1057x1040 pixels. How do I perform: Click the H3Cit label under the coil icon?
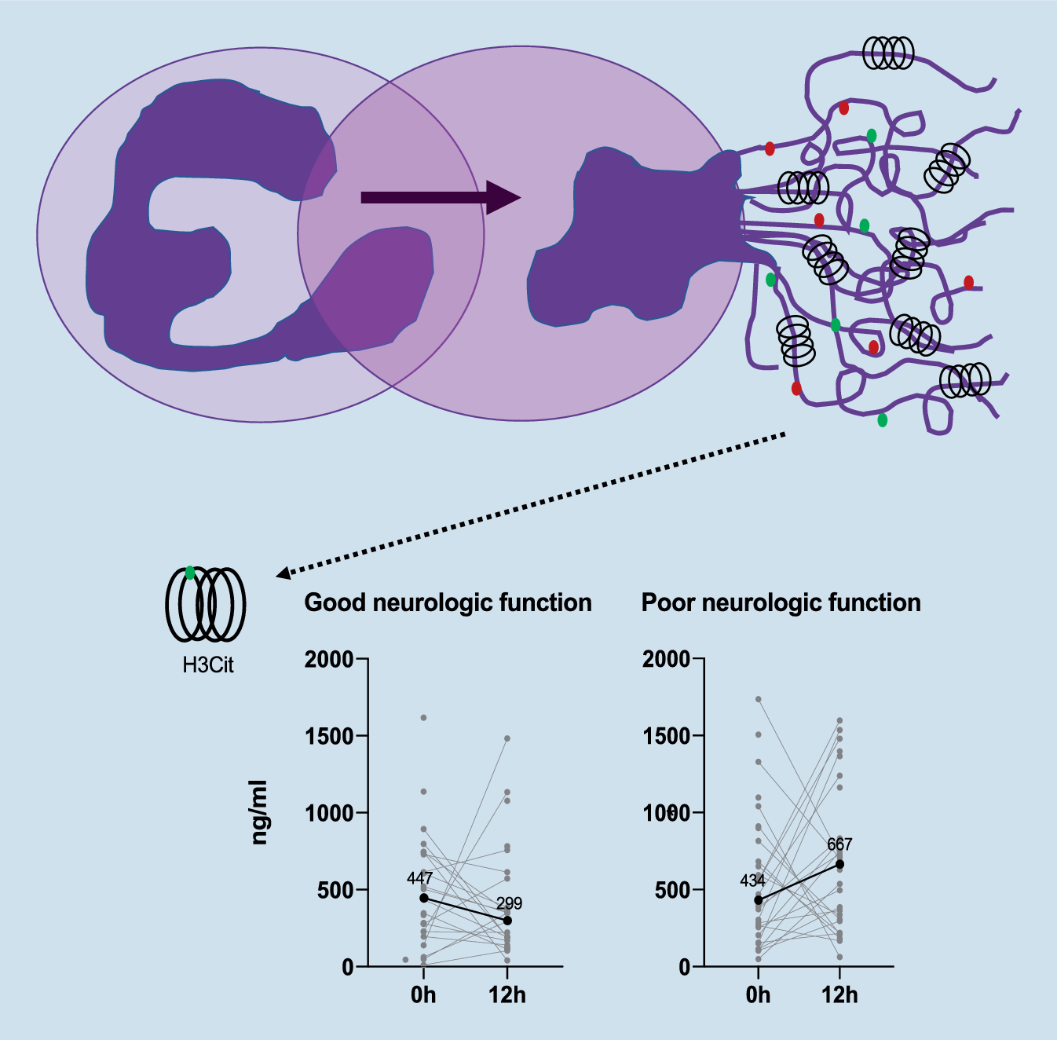click(x=208, y=665)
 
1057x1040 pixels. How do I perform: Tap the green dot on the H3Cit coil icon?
click(x=190, y=573)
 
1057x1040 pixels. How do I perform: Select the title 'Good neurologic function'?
click(x=448, y=602)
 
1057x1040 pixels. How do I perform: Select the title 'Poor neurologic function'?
click(x=781, y=602)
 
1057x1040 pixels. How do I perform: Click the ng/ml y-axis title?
click(x=259, y=812)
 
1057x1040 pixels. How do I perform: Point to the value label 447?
click(x=419, y=878)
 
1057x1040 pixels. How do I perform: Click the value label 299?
click(x=509, y=903)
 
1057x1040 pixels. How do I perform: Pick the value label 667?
click(x=839, y=844)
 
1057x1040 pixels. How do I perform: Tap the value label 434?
click(x=752, y=881)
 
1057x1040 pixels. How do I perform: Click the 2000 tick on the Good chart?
click(x=329, y=659)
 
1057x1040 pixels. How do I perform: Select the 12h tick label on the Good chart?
click(x=507, y=995)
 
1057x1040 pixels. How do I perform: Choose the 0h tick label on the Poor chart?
click(x=758, y=995)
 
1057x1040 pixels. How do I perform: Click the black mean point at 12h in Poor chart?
click(x=839, y=864)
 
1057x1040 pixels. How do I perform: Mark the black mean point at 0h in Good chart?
click(x=424, y=898)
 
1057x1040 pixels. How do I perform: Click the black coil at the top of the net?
click(x=888, y=53)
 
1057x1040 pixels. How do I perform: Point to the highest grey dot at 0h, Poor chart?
click(x=758, y=699)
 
